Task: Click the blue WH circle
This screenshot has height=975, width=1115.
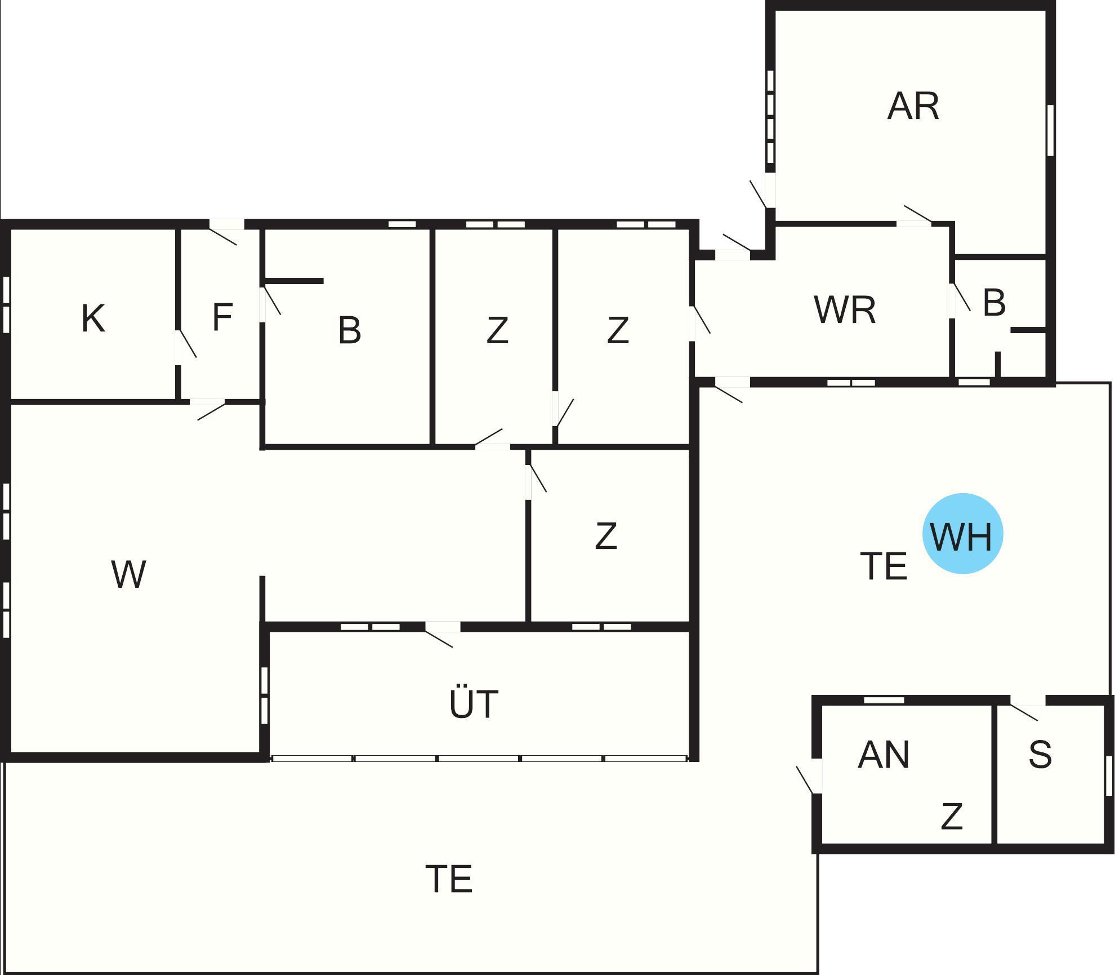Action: pyautogui.click(x=962, y=534)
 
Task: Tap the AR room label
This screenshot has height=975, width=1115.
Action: pyautogui.click(x=913, y=106)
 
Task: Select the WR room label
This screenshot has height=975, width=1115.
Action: pyautogui.click(x=845, y=310)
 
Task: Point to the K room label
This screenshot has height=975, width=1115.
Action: pyautogui.click(x=93, y=318)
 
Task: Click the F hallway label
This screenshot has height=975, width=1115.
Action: pyautogui.click(x=222, y=317)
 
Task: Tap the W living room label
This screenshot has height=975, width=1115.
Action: pyautogui.click(x=129, y=574)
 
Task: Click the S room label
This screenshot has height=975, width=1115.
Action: pyautogui.click(x=1040, y=755)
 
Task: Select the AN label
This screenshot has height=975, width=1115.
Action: pyautogui.click(x=884, y=755)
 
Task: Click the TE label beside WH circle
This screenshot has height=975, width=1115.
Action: pyautogui.click(x=884, y=566)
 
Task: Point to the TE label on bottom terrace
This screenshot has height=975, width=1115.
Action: pyautogui.click(x=449, y=879)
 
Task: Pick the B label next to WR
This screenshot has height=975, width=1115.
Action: pyautogui.click(x=994, y=303)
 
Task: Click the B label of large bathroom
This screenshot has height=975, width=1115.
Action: pyautogui.click(x=349, y=330)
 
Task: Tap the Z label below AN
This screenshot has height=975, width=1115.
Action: pyautogui.click(x=952, y=817)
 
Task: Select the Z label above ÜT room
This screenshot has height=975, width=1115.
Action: pyautogui.click(x=605, y=536)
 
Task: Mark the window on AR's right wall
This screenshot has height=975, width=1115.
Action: pyautogui.click(x=1050, y=130)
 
